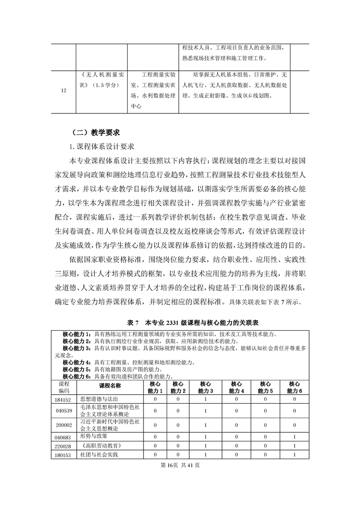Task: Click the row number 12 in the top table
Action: point(64,90)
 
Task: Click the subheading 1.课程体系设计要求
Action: point(99,147)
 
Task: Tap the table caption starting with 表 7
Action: point(180,323)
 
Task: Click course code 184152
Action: point(64,399)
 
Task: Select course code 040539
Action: point(64,411)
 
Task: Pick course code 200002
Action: point(64,425)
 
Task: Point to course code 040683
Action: point(64,436)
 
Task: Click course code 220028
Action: point(64,446)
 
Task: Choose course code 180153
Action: point(64,455)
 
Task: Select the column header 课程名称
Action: point(110,386)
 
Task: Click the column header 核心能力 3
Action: point(206,387)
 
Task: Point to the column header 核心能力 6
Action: point(295,387)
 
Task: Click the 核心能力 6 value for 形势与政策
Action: point(295,436)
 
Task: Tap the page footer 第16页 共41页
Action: point(180,466)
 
